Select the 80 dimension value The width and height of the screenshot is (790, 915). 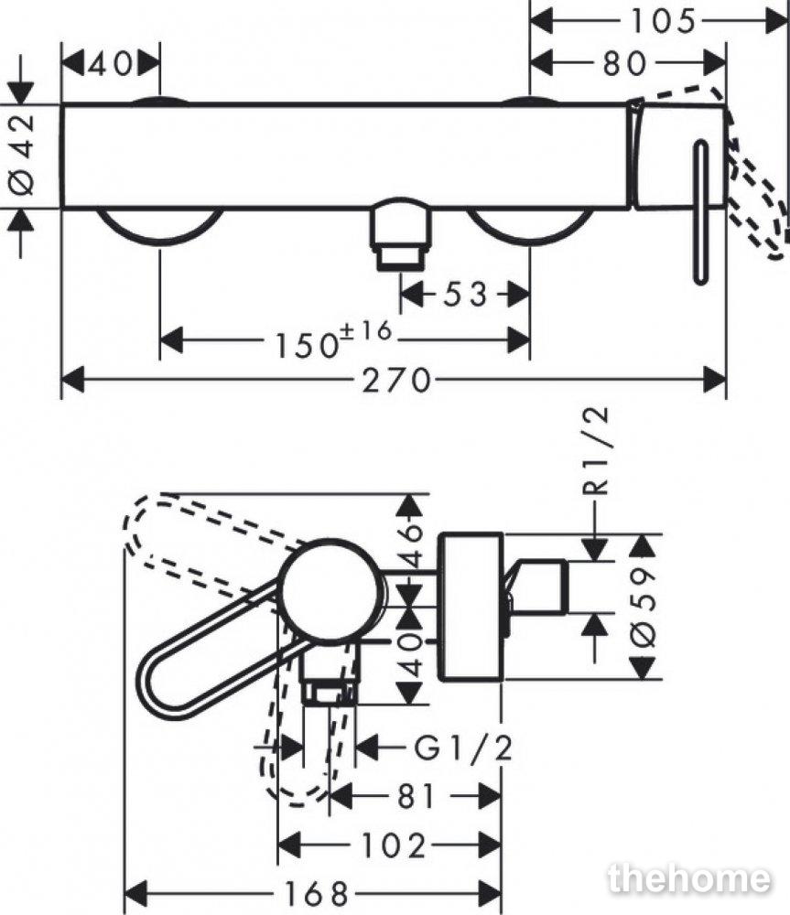click(624, 63)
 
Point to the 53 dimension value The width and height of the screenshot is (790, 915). click(465, 294)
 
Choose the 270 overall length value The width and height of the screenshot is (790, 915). click(395, 381)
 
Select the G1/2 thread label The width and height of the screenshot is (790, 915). click(463, 748)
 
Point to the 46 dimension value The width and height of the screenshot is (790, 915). click(412, 545)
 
